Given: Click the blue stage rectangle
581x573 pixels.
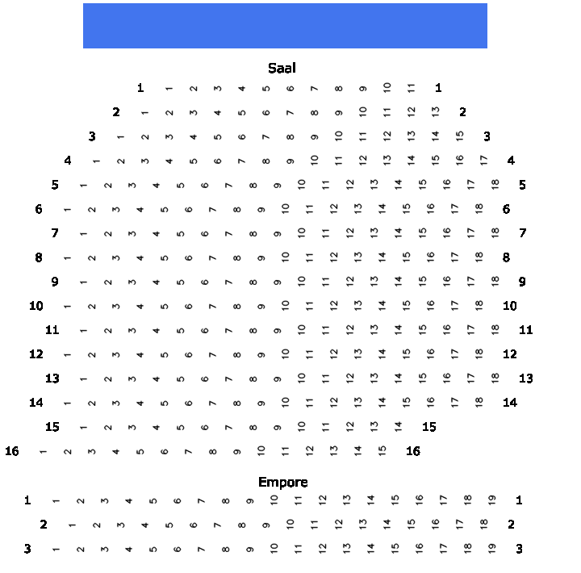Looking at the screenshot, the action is coord(285,26).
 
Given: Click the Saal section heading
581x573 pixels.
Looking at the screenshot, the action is coord(282,69).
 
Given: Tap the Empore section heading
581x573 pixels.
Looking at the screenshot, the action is coord(283,482).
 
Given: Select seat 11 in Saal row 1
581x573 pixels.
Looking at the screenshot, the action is coord(411,88).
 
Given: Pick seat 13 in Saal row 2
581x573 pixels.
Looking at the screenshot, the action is coord(436,112).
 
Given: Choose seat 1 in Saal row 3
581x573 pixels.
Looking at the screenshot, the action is coord(120,137).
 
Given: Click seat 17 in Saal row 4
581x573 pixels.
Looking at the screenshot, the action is coord(483,161).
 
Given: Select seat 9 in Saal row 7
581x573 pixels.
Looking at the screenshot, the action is coord(277,234).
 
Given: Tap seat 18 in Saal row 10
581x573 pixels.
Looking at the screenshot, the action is coord(479,305).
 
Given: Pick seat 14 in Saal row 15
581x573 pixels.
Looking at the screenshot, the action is coord(398,426).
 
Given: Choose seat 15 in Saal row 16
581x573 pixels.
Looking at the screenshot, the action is coord(382,450).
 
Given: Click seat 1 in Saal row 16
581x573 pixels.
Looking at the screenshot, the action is coord(43,452).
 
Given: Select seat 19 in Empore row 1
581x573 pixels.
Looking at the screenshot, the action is coord(491,500).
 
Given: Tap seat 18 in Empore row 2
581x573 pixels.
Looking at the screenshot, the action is coord(483,524).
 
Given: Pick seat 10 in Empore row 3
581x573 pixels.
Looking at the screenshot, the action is coord(274,548).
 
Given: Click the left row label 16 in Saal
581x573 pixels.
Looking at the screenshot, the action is coord(12,451).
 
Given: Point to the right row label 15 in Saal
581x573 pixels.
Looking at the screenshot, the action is coord(429,427).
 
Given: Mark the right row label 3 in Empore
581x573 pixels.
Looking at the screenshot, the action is coord(519,549).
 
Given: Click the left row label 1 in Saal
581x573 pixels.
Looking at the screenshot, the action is coord(140,88).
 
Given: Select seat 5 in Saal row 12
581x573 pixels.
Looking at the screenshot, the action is coord(164,355).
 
